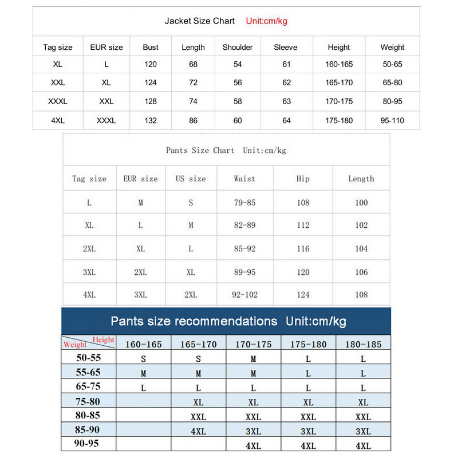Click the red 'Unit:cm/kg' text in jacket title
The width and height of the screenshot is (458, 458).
266,21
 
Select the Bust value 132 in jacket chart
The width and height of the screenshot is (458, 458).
151,121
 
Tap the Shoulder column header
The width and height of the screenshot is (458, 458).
238,48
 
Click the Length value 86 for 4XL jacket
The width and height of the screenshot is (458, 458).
193,121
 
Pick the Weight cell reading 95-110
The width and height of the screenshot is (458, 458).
392,121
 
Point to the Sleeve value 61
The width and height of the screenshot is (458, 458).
286,64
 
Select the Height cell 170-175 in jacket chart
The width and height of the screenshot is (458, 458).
339,101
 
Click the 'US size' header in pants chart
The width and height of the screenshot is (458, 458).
191,179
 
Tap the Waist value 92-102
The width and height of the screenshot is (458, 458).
244,295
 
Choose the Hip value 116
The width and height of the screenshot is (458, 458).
303,248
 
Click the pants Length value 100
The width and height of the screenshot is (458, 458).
361,203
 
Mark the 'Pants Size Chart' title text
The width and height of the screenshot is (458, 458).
200,151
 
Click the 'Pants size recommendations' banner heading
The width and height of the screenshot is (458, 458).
194,321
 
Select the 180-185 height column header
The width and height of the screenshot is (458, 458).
363,345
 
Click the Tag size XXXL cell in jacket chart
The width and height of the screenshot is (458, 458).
58,101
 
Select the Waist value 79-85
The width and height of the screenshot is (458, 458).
244,203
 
